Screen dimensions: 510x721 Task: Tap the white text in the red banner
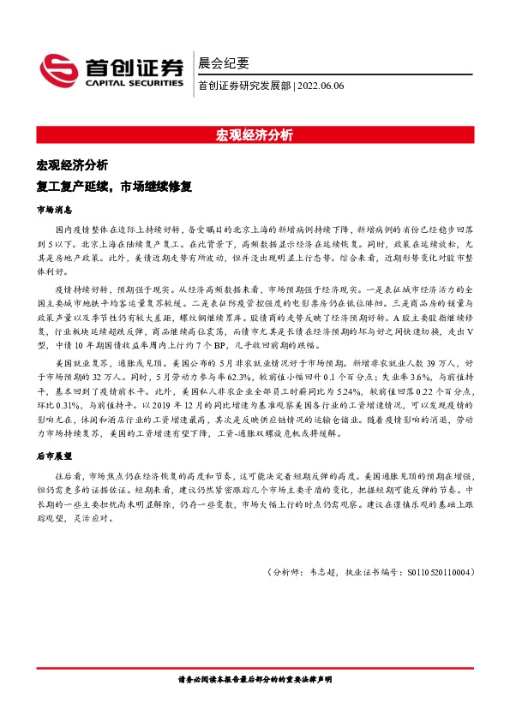pos(255,134)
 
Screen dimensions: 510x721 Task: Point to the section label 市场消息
pos(53,209)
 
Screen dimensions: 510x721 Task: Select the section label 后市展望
pos(53,457)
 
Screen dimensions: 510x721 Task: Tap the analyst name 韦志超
pos(316,572)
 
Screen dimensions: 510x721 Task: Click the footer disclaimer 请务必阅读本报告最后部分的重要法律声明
pos(255,679)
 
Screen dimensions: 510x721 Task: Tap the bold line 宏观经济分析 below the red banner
pos(72,164)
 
